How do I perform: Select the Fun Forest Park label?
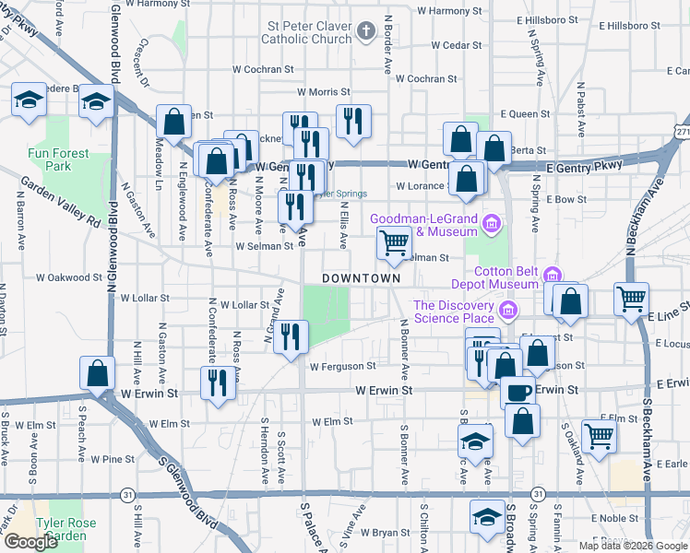coord(57,159)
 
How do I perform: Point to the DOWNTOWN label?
coord(362,277)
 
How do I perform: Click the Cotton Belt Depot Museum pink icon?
coord(553,275)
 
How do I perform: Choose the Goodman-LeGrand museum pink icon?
coord(492,223)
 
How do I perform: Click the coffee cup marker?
coord(518,391)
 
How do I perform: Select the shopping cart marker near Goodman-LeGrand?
coord(394,244)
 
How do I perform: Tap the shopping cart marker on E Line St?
coord(632,300)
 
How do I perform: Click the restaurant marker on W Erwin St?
coord(217,382)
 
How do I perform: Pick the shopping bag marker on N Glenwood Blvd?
coord(97,374)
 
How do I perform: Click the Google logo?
coord(30,542)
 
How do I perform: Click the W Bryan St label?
coord(385,533)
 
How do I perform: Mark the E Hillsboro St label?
coord(547,19)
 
